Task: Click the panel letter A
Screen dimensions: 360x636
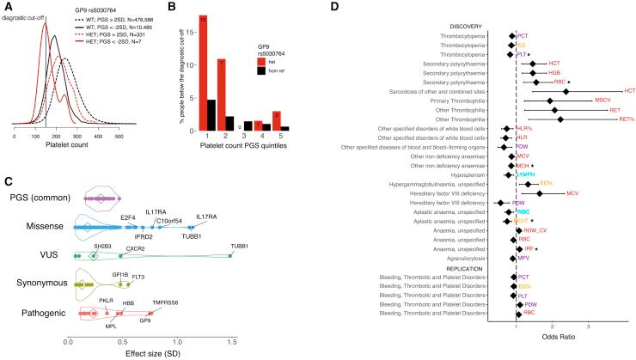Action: [6, 7]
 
